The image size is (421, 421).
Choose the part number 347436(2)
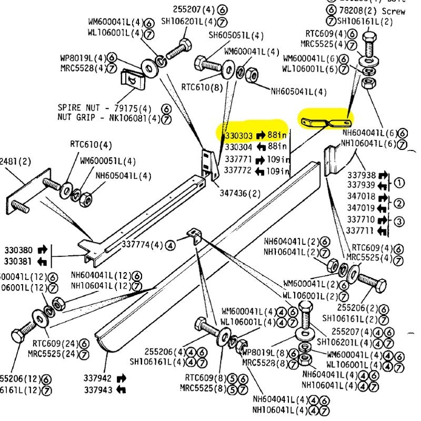coord(240,193)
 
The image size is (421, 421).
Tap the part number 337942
coord(97,378)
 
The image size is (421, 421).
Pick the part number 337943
coord(97,389)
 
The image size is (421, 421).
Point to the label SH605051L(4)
coord(236,36)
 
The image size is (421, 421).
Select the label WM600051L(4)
coord(107,161)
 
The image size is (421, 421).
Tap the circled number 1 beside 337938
coord(399,183)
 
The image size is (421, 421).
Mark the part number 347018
coord(361,196)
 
